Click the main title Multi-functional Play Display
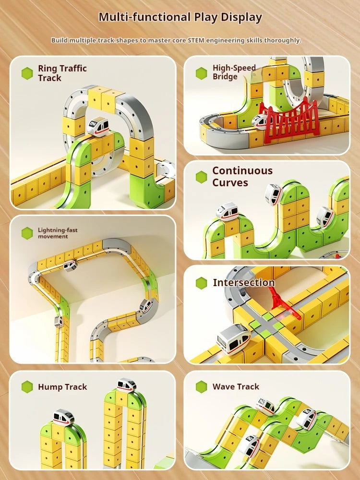[180, 18]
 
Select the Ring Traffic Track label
[62, 73]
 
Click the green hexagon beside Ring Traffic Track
[27, 73]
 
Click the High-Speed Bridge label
[234, 72]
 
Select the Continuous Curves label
[242, 177]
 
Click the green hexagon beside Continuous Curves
[202, 177]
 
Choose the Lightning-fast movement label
[57, 233]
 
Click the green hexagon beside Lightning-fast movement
[27, 233]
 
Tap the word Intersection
[243, 283]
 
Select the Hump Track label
[62, 387]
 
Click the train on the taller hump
[126, 384]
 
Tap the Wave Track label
[236, 386]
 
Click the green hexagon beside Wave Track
[202, 387]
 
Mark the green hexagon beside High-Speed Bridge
[202, 73]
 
